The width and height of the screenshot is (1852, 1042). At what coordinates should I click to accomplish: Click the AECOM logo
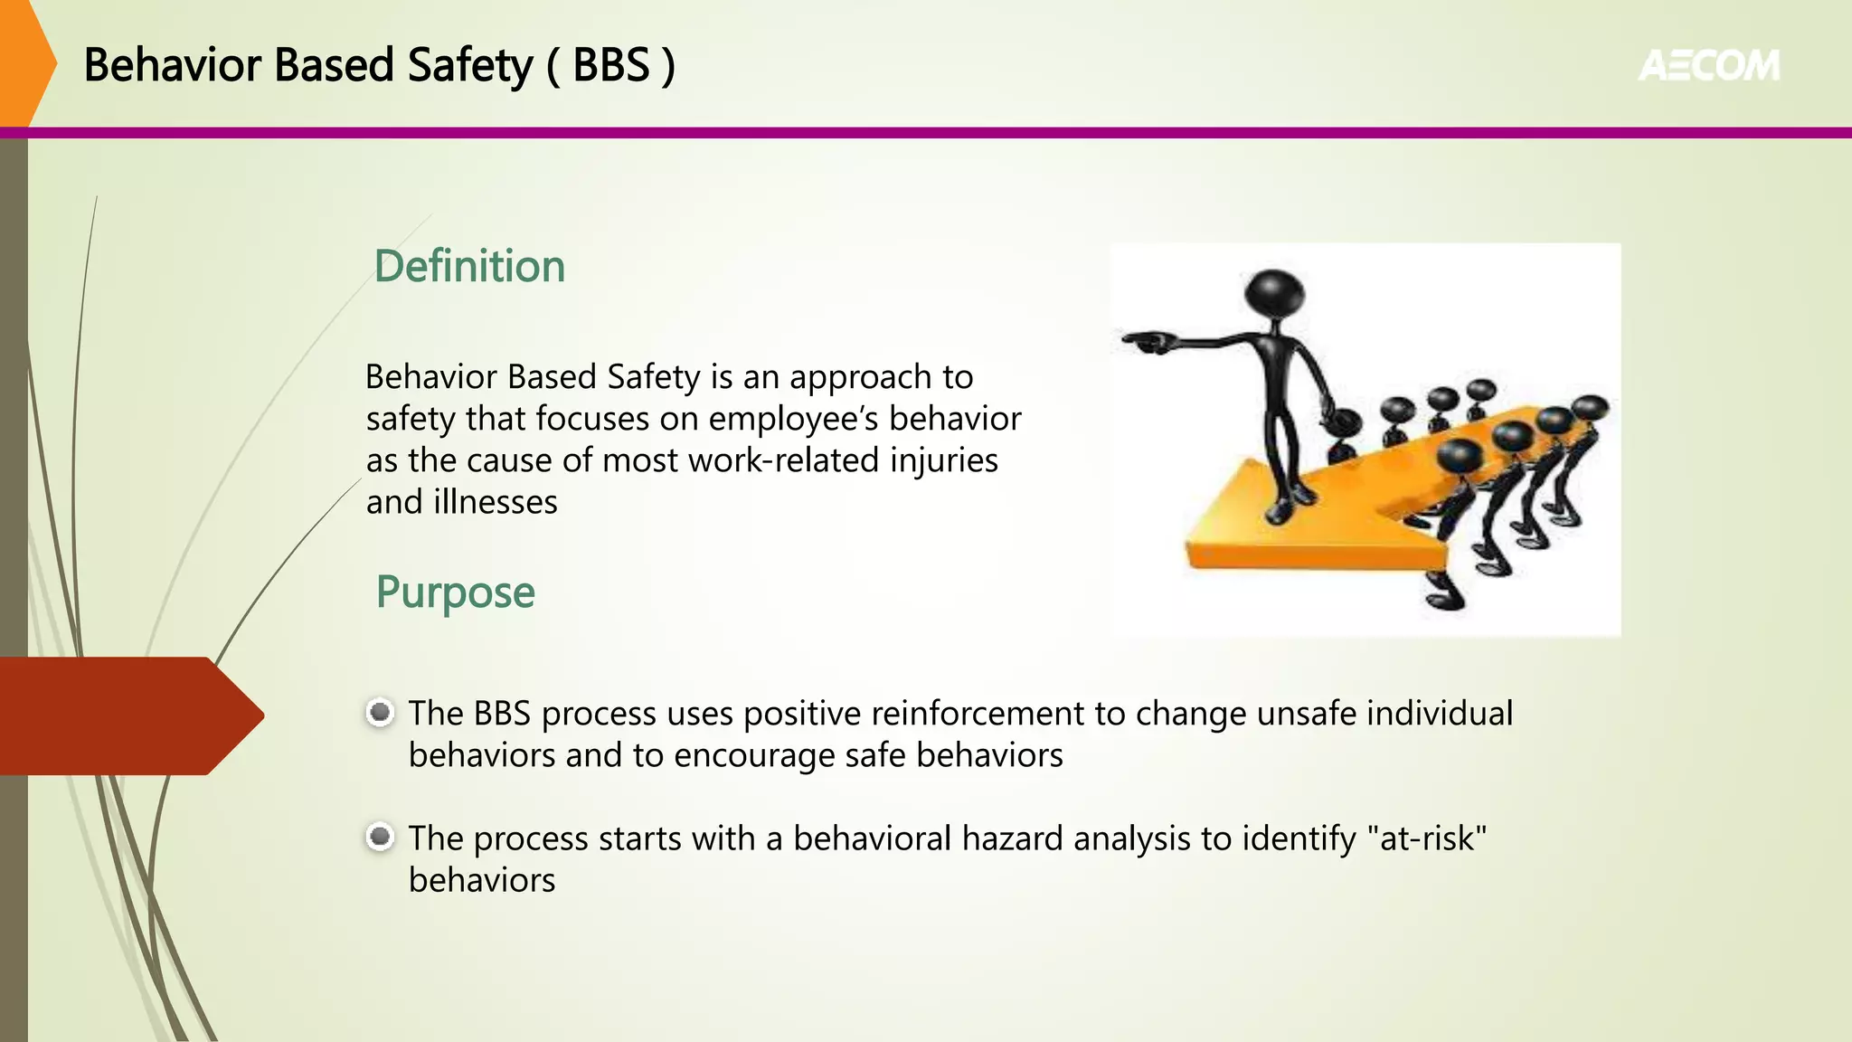tap(1708, 65)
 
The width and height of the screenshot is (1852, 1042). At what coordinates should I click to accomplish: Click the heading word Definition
tap(469, 266)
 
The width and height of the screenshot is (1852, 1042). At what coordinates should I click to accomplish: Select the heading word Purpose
tap(455, 592)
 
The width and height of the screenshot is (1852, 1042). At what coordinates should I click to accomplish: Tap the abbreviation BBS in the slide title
tap(611, 65)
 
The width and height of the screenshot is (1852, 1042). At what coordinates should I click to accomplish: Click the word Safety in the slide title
tap(470, 65)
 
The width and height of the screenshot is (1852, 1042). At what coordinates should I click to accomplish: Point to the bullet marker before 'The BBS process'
tap(380, 713)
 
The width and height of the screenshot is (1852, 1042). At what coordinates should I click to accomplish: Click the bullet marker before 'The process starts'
tap(380, 837)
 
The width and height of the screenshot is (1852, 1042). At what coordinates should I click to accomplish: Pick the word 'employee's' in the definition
tap(792, 419)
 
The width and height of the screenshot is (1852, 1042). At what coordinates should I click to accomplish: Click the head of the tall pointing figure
tap(1274, 293)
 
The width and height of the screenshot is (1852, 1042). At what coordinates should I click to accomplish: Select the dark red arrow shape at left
tap(127, 715)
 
